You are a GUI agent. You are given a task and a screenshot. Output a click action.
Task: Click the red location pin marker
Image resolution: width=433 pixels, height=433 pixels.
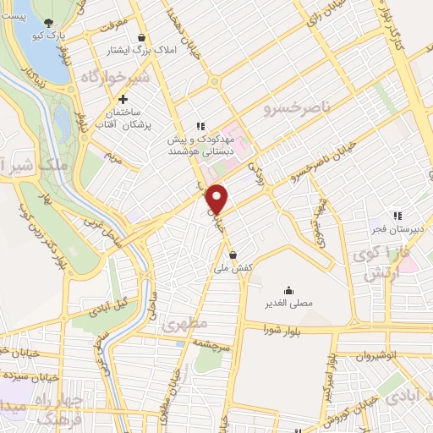click(x=217, y=198)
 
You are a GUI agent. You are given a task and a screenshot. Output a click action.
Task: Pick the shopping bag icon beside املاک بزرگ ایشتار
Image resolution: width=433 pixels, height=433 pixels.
click(x=141, y=37)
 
